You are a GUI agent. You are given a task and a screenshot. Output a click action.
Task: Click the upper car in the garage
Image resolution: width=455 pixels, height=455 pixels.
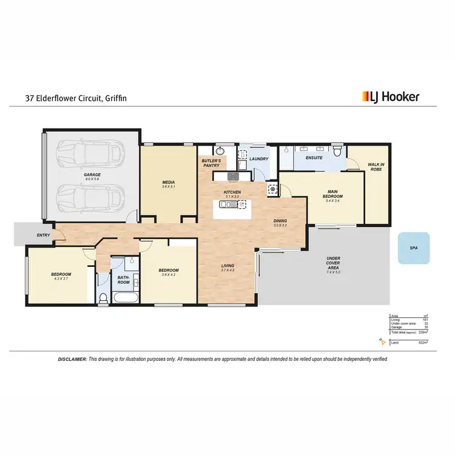coord(92,155)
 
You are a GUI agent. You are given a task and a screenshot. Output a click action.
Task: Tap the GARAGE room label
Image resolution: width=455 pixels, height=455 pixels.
coord(92,176)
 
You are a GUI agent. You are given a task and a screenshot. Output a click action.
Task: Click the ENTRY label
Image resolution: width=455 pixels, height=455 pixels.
coord(26,235)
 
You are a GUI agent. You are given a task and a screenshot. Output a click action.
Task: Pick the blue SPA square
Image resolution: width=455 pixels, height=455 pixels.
coord(414,248)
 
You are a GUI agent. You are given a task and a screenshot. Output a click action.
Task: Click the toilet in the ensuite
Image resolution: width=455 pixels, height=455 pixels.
coord(337,154)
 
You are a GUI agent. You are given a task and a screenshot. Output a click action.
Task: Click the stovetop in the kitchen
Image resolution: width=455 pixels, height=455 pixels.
coord(234,177)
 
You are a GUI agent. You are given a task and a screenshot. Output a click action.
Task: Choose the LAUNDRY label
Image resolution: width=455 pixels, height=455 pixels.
coord(259,160)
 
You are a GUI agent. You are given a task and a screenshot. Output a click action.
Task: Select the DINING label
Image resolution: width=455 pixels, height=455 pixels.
coord(280,221)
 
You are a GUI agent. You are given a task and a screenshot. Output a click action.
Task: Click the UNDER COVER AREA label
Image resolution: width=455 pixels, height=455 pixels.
coord(333,263)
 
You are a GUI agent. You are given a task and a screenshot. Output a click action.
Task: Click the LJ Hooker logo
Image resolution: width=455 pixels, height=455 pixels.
coord(390,96)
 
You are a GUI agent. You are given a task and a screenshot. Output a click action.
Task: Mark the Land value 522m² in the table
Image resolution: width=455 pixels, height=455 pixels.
coord(423,343)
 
